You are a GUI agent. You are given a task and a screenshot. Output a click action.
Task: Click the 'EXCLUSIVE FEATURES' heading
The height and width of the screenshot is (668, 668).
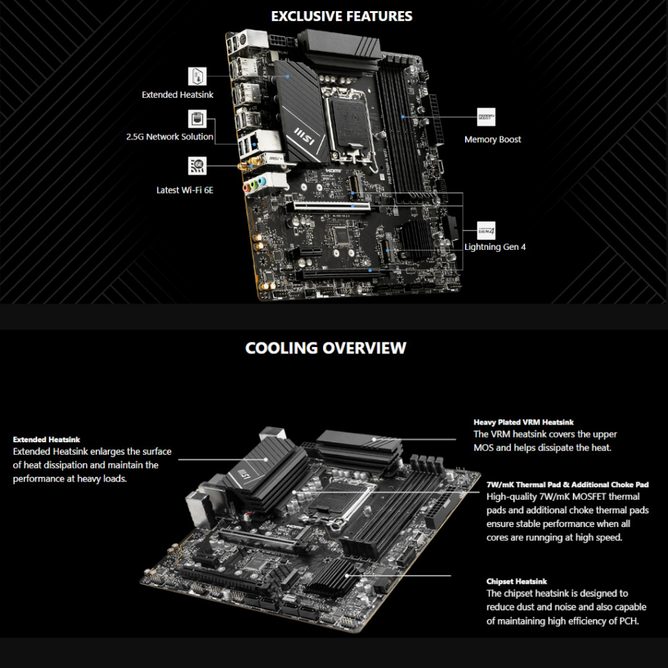(342, 16)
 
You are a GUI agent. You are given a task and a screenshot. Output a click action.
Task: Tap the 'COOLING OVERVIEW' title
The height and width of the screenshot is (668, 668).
(326, 348)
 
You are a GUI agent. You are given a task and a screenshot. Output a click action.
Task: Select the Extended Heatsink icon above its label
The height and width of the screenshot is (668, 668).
(197, 76)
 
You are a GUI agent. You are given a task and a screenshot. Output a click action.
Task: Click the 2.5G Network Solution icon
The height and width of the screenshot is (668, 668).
(197, 119)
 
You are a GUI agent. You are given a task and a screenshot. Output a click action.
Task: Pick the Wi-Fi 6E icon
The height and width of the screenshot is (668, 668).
(197, 166)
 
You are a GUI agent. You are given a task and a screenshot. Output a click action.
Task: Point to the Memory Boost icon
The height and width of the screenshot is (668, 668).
(486, 117)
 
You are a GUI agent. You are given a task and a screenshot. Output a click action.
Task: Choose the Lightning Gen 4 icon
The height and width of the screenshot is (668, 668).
(486, 230)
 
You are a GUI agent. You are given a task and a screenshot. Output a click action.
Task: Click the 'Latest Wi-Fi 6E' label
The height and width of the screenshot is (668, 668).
(185, 190)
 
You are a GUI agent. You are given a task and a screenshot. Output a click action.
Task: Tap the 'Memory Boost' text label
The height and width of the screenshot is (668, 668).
(493, 140)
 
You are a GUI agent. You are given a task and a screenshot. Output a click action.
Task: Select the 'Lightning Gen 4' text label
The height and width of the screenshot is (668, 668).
(495, 247)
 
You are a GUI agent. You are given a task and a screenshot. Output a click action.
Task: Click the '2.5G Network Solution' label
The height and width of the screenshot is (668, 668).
(170, 137)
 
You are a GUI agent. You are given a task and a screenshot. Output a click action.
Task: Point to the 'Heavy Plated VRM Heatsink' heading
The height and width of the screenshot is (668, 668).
(524, 422)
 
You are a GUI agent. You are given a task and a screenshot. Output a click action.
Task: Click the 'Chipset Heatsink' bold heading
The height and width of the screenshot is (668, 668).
(517, 581)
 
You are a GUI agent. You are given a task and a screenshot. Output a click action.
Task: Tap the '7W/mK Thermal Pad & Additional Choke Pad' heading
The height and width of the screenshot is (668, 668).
(568, 485)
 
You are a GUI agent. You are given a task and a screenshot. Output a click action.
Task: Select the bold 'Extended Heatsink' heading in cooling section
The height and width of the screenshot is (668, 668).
(46, 439)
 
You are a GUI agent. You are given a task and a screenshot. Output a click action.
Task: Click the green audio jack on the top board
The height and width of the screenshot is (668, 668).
(254, 185)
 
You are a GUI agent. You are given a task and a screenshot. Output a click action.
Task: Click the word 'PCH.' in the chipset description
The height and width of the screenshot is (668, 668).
(629, 621)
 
